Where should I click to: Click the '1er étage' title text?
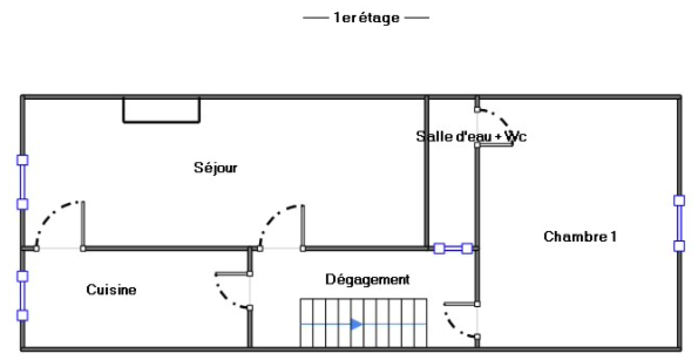pyautogui.click(x=366, y=18)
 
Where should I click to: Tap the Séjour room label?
pyautogui.click(x=216, y=168)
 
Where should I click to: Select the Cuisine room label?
pyautogui.click(x=111, y=290)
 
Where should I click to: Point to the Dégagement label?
pyautogui.click(x=367, y=279)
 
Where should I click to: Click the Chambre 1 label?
pyautogui.click(x=580, y=237)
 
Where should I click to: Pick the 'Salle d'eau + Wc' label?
pyautogui.click(x=471, y=137)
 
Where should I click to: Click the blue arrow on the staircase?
pyautogui.click(x=356, y=324)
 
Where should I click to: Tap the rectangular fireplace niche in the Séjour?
pyautogui.click(x=161, y=110)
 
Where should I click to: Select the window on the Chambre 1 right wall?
pyautogui.click(x=679, y=223)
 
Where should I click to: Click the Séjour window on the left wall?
pyautogui.click(x=22, y=182)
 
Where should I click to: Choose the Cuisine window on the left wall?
pyautogui.click(x=22, y=296)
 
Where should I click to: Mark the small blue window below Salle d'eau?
pyautogui.click(x=453, y=249)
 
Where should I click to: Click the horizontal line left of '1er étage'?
pyautogui.click(x=315, y=18)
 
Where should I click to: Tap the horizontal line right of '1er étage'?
pyautogui.click(x=417, y=18)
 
